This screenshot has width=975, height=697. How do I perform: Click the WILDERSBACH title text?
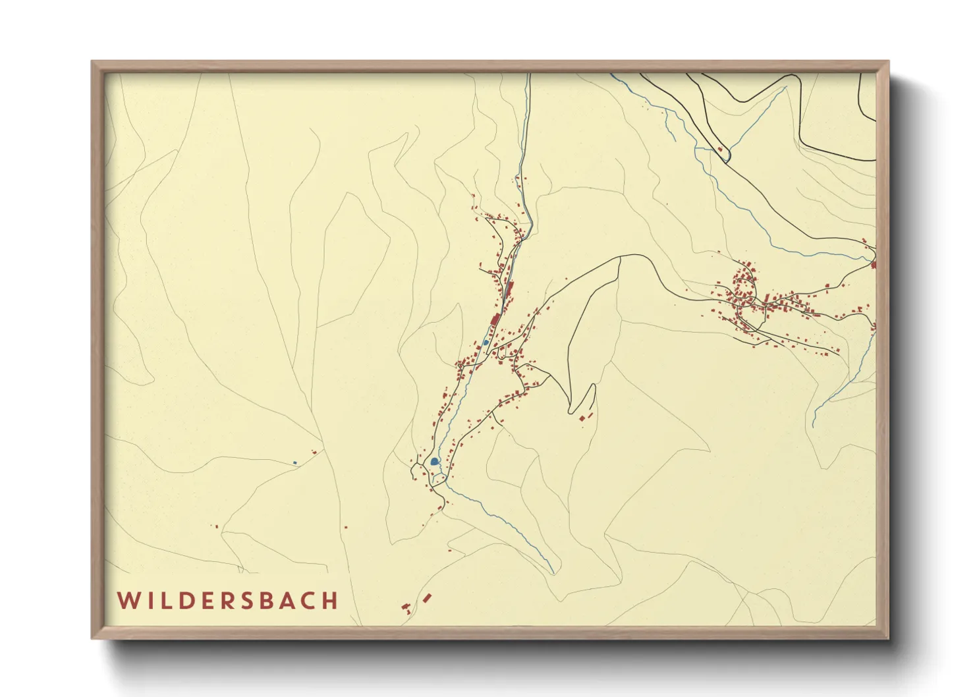228,600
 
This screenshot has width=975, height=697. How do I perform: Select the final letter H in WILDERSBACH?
331,600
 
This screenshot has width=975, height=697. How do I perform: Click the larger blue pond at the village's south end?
434,462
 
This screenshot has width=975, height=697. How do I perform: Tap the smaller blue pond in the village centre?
486,343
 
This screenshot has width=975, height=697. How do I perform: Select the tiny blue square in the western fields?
295,462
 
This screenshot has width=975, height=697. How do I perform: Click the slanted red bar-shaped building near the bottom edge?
427,598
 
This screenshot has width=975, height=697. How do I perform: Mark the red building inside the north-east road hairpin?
719,150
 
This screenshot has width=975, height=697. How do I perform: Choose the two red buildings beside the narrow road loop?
585,416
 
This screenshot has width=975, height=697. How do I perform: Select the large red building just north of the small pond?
495,320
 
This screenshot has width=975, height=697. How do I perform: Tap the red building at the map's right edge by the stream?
874,265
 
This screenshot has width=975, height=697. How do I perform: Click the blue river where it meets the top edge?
528,75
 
